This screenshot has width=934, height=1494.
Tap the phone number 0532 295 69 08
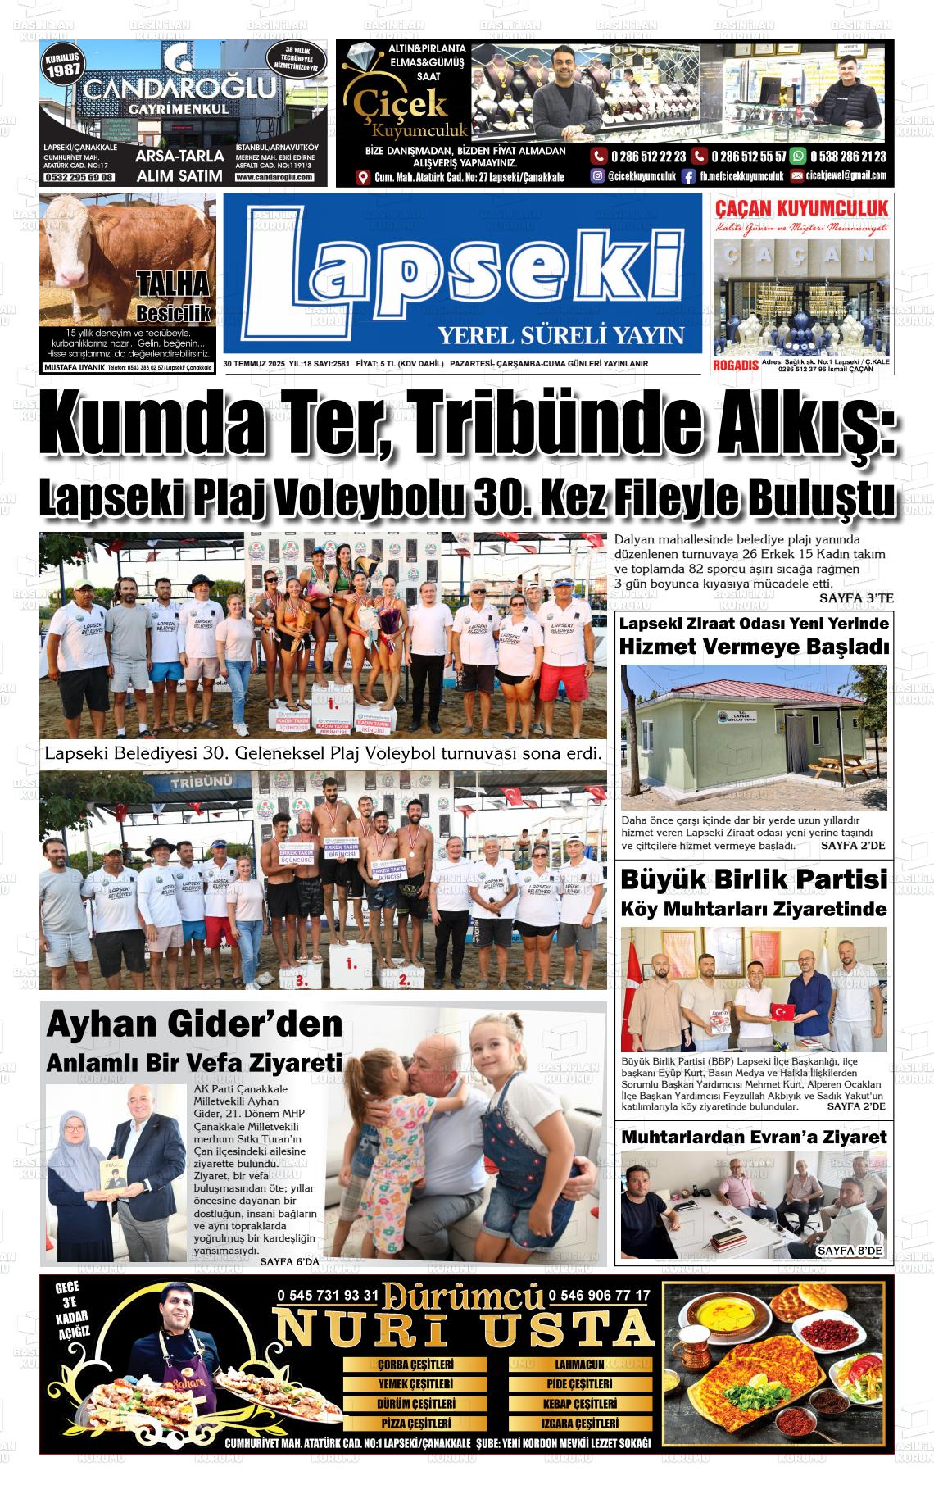tap(79, 177)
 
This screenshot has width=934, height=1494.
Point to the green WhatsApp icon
tap(796, 157)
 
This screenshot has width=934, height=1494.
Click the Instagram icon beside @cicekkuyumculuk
tap(598, 176)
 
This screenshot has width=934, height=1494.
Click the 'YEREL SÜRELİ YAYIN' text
tap(560, 335)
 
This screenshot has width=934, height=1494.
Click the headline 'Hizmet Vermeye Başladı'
tap(754, 647)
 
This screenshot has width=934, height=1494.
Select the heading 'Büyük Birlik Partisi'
tap(754, 879)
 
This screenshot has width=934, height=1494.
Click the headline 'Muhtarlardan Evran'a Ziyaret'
tap(754, 1137)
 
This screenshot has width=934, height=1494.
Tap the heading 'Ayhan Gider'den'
tap(194, 1024)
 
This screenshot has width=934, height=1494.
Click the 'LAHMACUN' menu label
tap(579, 1365)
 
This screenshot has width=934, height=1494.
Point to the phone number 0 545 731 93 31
tap(328, 1296)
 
